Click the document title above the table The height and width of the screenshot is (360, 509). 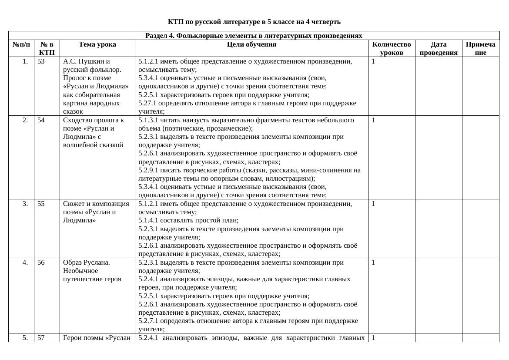254,22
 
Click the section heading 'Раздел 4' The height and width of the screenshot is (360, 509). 254,36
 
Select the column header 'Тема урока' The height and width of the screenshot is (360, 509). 97,44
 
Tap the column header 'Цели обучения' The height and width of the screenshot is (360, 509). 251,44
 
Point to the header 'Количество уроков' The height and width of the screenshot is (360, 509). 392,48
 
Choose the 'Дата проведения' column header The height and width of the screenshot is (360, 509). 439,48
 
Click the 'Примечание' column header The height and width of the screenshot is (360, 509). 480,48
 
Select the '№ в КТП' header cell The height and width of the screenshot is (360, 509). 47,48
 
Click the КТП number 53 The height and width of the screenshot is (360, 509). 41,61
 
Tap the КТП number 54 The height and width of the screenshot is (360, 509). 41,120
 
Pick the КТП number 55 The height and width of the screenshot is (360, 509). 41,204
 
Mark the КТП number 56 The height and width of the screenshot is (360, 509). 41,262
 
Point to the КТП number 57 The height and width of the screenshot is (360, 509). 41,337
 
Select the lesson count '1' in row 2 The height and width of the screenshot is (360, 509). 373,120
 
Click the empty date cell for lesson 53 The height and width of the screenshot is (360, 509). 439,86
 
